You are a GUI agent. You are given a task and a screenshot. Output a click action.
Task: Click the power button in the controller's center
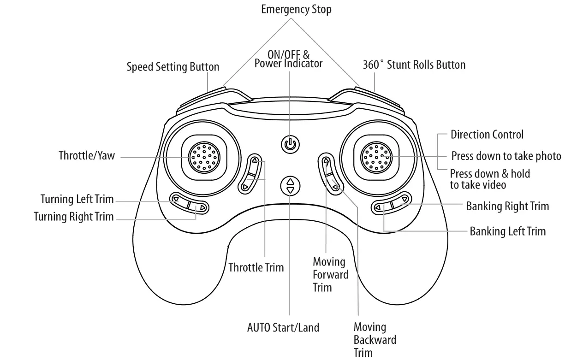290,144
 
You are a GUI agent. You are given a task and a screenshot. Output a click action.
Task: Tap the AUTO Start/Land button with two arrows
290,185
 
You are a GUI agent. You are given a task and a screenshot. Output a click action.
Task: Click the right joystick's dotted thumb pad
376,157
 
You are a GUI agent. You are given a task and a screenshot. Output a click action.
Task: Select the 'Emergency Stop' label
296,9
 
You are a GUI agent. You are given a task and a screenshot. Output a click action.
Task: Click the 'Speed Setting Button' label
173,67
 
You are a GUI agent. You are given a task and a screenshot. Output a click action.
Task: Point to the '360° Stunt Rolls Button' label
414,65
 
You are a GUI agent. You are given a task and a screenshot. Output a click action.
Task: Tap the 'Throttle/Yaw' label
86,155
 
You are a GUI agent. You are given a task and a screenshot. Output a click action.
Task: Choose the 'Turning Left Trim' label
77,200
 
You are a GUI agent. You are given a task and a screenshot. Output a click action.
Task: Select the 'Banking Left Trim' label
507,231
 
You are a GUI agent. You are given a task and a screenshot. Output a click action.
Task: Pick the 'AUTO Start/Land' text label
283,328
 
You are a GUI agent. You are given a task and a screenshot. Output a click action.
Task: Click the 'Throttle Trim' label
256,267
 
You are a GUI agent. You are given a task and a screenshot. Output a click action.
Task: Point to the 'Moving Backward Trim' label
375,340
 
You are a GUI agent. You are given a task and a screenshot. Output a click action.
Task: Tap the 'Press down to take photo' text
506,156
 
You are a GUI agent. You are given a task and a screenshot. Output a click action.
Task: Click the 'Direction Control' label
487,135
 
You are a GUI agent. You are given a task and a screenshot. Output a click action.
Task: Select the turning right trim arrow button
202,208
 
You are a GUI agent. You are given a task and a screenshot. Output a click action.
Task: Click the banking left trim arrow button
378,208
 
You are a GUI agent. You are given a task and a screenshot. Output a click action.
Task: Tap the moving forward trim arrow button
326,161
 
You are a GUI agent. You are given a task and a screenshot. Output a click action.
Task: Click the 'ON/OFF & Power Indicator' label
289,59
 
